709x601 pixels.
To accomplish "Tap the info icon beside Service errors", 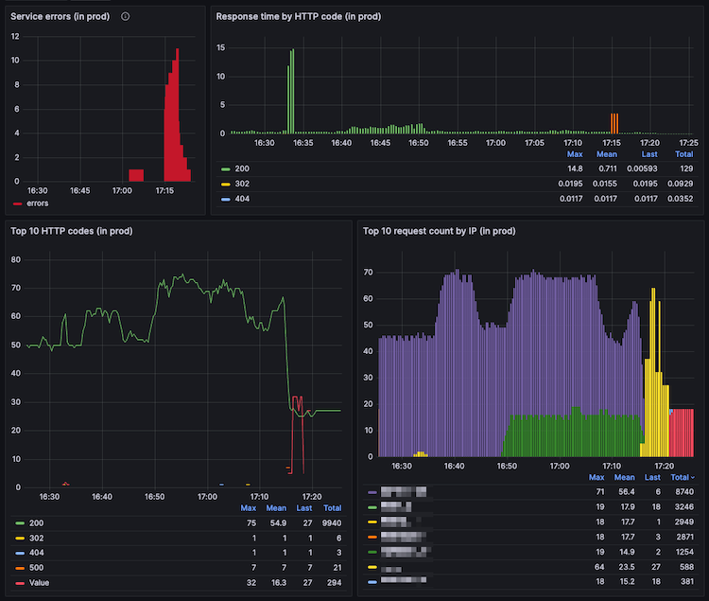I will (126, 16).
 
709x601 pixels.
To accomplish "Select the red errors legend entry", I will (36, 203).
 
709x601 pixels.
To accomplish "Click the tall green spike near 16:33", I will (292, 90).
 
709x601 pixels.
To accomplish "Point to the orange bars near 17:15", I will (614, 123).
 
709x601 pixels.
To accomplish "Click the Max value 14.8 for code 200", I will (573, 168).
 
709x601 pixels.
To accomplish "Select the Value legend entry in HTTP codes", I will (39, 582).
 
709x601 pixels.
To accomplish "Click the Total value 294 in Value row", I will (333, 582).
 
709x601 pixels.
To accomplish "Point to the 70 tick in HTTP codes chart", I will (16, 287).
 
